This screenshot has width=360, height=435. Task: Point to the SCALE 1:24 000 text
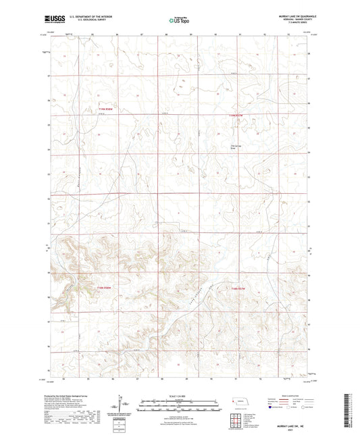coord(179,394)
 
